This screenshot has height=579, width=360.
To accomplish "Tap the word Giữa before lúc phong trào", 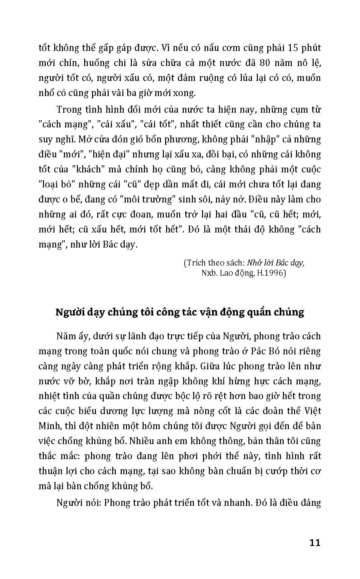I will coord(208,366).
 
